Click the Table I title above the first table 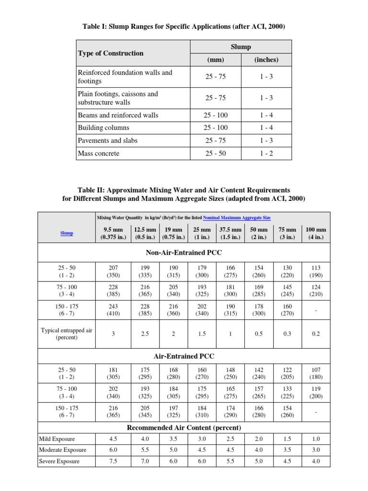[184, 27]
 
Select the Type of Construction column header [111, 53]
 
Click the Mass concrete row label [99, 153]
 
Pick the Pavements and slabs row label [107, 140]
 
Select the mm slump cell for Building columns [216, 128]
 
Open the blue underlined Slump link [67, 233]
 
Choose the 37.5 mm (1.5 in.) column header [230, 234]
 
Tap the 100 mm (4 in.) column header [316, 234]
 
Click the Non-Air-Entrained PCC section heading [184, 252]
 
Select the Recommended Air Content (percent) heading [184, 427]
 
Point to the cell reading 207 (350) [113, 271]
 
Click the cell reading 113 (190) [316, 271]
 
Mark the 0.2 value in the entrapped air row [316, 334]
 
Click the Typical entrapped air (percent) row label [67, 334]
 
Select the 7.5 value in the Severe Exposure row [113, 461]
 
